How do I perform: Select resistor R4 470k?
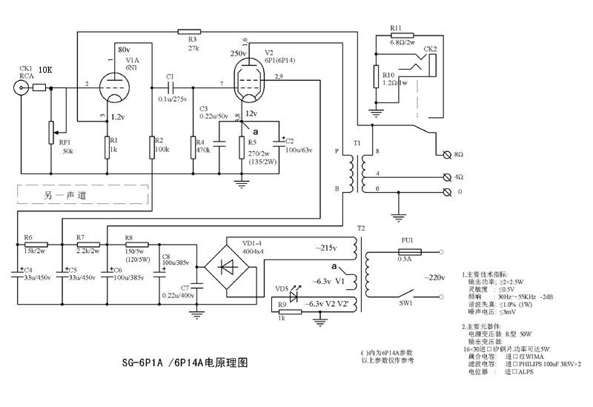[193, 147]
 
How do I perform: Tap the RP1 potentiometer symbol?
[50, 131]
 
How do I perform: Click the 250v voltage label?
[239, 54]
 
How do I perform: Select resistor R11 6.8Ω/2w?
[394, 36]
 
